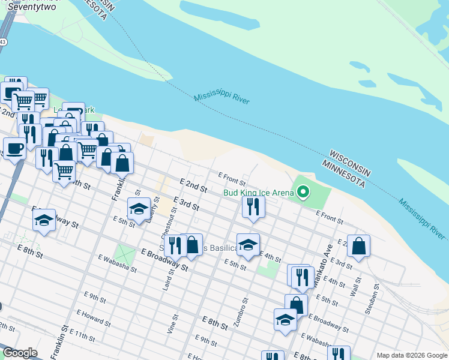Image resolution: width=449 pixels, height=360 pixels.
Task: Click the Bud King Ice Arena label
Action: [x=258, y=193]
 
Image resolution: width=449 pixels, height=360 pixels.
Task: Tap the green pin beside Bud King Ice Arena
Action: [x=304, y=192]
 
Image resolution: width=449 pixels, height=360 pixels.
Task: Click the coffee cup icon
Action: [x=14, y=148]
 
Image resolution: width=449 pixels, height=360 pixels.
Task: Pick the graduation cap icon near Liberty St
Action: [x=139, y=209]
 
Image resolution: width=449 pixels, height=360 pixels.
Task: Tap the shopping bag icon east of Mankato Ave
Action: [x=358, y=246]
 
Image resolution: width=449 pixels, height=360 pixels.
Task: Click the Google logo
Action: [x=20, y=353]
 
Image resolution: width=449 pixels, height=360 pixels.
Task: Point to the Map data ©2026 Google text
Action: [x=411, y=355]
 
